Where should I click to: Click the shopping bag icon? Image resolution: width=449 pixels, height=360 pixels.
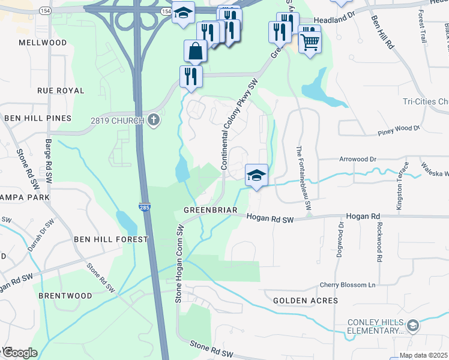click(196, 52)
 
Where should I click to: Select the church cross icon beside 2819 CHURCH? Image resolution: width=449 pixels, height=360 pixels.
click(153, 121)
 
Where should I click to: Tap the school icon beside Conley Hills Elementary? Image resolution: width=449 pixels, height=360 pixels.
click(412, 326)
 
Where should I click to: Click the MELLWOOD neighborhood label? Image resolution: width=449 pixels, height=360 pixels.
click(43, 43)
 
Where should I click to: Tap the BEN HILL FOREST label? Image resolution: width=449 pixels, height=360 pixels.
click(110, 239)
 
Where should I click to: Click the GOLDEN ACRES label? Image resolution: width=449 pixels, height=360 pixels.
click(306, 300)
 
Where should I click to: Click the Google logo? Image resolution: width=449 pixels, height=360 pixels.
click(19, 352)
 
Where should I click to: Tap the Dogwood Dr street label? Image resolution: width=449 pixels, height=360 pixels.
click(341, 241)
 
